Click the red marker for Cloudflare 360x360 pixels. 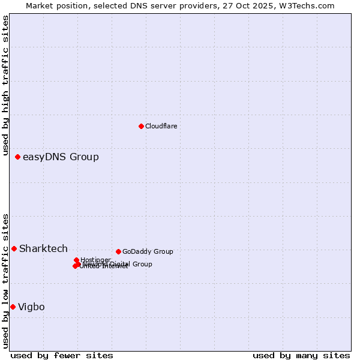coord(141,126)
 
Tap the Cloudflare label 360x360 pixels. coord(161,126)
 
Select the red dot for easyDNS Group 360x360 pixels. coord(18,157)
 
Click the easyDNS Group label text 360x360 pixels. coord(61,157)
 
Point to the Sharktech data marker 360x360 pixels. coord(14,248)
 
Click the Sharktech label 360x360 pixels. coord(43,249)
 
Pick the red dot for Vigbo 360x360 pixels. coord(13,307)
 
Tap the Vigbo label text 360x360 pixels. coord(31,307)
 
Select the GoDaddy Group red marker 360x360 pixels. coord(118,251)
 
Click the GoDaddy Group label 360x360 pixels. coord(148,251)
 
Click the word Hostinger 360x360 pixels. coord(95,260)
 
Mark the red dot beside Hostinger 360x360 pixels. coord(76,260)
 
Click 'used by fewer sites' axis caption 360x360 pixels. coord(62,355)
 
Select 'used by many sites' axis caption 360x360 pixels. coord(301,355)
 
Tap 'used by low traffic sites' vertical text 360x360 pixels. coord(6,280)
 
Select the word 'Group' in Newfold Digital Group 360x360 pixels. coord(142,264)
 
